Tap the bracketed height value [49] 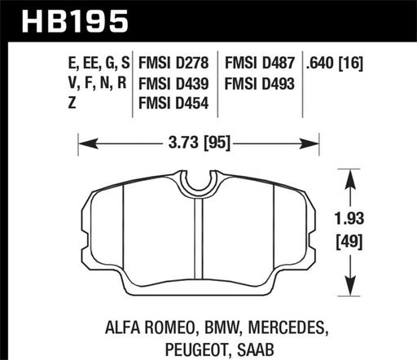coord(349,241)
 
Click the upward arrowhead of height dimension coord(350,173)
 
